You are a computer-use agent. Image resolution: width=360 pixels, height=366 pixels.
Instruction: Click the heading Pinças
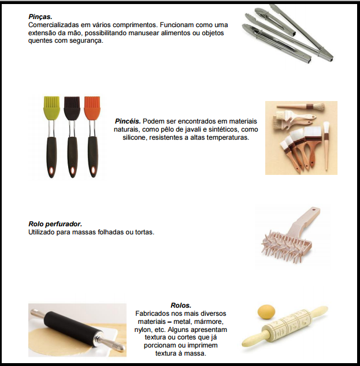coord(40,17)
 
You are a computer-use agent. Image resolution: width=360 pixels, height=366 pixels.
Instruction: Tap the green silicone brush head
coord(51,105)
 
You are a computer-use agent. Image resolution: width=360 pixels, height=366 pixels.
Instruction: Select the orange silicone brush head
coord(92,106)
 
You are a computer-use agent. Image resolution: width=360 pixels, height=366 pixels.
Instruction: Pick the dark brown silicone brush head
coord(72,106)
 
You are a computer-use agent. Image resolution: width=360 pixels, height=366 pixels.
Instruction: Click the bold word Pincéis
coord(128,121)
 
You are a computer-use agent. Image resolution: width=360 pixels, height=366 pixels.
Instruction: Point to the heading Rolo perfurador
coord(55,224)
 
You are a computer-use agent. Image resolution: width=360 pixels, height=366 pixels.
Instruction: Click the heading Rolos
coord(181,305)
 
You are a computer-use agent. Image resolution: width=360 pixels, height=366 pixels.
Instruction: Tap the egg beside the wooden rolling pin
coord(266,311)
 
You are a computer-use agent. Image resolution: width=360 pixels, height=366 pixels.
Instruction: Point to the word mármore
coord(209,322)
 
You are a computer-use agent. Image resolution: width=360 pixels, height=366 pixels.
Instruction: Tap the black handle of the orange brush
coord(93,157)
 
